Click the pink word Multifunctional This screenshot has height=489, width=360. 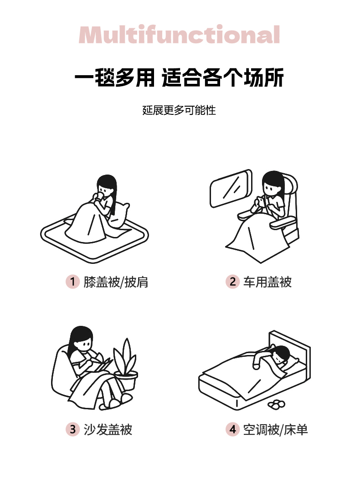tap(179, 34)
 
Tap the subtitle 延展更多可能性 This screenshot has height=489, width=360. tap(179, 110)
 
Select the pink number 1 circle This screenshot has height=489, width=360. tap(72, 282)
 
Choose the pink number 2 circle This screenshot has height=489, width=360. tap(232, 282)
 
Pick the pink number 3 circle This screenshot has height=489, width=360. tap(72, 429)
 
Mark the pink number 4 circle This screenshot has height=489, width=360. tap(232, 429)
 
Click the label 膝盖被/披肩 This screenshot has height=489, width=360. tap(116, 282)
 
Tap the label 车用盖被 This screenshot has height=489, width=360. tap(267, 282)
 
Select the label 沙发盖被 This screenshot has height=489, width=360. tap(108, 429)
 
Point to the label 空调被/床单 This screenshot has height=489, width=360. tap(275, 429)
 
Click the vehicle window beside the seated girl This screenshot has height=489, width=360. tap(231, 189)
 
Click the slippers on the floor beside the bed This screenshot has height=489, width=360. tap(277, 404)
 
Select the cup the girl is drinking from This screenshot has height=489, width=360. tap(99, 196)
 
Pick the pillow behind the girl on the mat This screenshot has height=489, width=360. tap(120, 215)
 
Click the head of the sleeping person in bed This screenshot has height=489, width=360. tap(280, 354)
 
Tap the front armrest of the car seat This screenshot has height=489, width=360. tap(282, 223)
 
